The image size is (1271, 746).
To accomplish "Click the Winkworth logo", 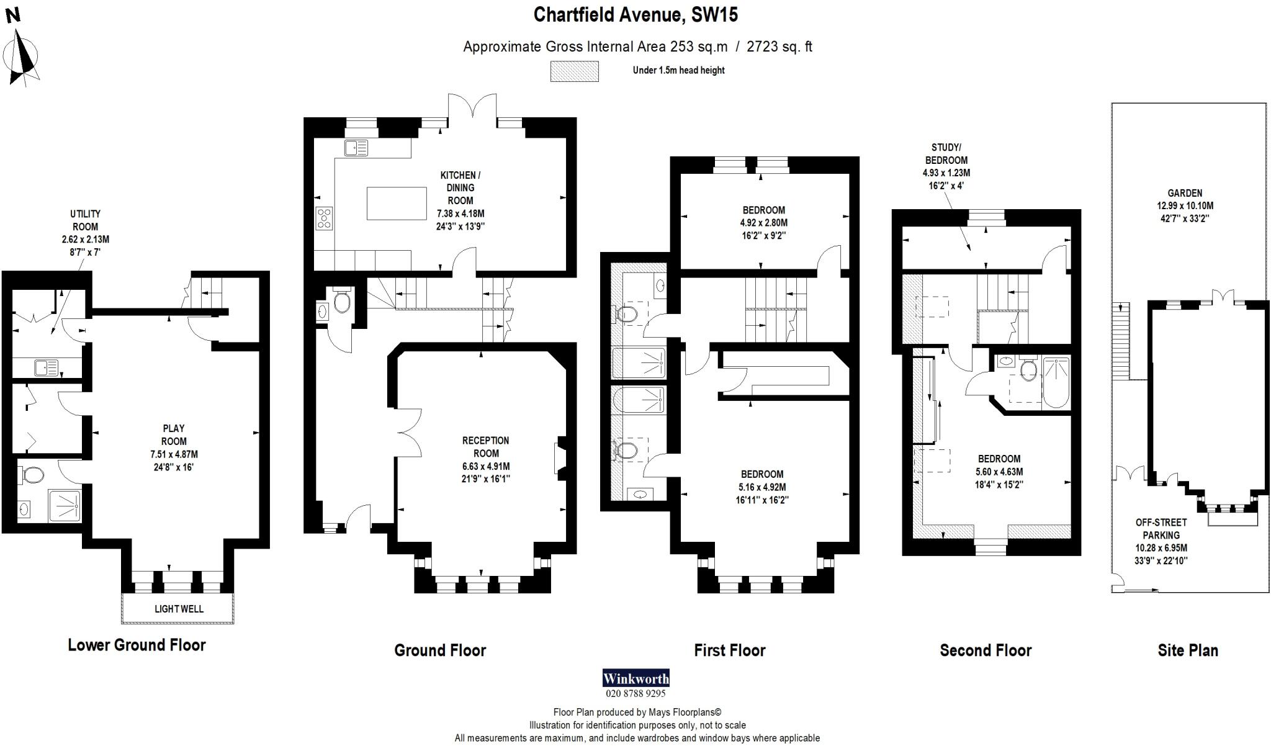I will pyautogui.click(x=635, y=678).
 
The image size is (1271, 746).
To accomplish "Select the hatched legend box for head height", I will pyautogui.click(x=574, y=71).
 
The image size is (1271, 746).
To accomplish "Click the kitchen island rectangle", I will pyautogui.click(x=396, y=203).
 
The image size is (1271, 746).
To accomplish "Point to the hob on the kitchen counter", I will pyautogui.click(x=324, y=218).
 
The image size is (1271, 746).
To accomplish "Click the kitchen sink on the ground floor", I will pyautogui.click(x=356, y=148).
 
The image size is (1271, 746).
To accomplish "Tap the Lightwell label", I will pyautogui.click(x=179, y=609).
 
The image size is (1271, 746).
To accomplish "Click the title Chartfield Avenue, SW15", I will pyautogui.click(x=635, y=14).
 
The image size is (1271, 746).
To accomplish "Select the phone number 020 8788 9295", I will pyautogui.click(x=635, y=693).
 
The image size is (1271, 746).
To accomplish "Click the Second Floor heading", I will pyautogui.click(x=986, y=650).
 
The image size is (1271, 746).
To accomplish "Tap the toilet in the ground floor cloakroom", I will pyautogui.click(x=341, y=302).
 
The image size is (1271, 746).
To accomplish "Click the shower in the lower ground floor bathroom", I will pyautogui.click(x=65, y=505).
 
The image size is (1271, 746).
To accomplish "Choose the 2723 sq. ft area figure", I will pyautogui.click(x=779, y=47).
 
